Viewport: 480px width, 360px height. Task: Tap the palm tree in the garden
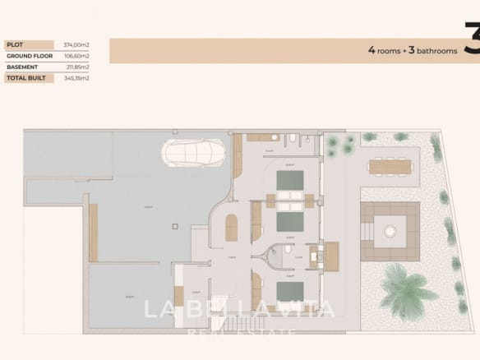(408, 290)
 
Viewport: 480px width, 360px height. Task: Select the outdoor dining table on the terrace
(390, 167)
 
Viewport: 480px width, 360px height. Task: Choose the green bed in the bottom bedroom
(289, 292)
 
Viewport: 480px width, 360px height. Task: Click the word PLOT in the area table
(15, 44)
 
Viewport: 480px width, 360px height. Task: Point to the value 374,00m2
(76, 44)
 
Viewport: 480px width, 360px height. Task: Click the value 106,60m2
(76, 56)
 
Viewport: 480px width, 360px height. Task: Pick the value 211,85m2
(76, 67)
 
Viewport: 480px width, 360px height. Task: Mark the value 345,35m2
(76, 78)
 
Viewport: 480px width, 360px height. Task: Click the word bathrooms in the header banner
(436, 51)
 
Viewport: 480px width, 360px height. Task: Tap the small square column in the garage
(173, 224)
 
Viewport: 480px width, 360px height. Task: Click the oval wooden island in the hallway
(231, 228)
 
